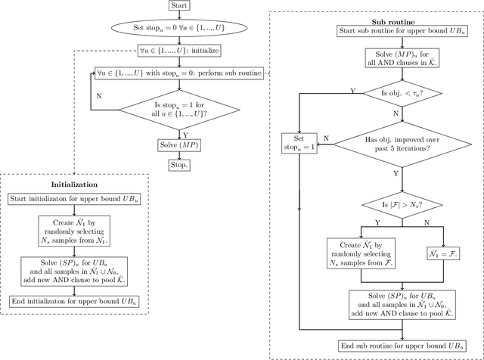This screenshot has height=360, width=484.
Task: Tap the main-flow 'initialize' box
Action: click(179, 51)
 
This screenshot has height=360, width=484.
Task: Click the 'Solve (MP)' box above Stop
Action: click(179, 144)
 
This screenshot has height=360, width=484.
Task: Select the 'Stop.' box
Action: click(179, 164)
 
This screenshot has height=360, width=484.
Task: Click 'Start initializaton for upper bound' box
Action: click(74, 199)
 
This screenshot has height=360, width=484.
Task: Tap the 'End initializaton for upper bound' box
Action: click(74, 301)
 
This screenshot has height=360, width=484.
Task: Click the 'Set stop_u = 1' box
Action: click(299, 143)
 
